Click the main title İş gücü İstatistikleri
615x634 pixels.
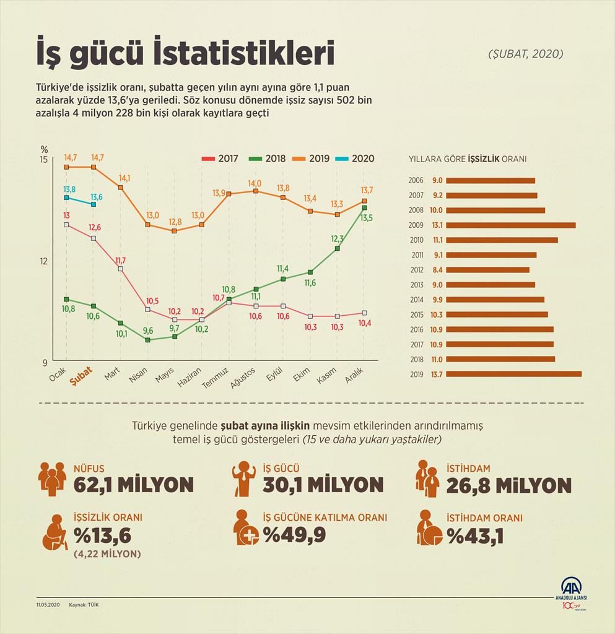[x=185, y=54]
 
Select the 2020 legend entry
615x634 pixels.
[x=355, y=158]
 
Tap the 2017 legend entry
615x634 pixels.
[x=221, y=158]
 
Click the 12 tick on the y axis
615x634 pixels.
[x=43, y=261]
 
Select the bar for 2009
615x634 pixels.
[x=510, y=225]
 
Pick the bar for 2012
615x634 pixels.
[x=487, y=270]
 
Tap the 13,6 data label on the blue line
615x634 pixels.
[x=97, y=197]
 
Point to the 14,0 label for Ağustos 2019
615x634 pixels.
[x=255, y=183]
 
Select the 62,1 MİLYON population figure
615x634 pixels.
[x=133, y=484]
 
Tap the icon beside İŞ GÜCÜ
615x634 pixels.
[x=245, y=479]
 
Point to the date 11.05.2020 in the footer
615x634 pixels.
[x=48, y=604]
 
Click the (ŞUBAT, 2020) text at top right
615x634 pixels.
[x=525, y=54]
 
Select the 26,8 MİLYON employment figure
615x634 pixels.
[x=508, y=485]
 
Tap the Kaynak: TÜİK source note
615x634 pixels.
[x=85, y=604]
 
